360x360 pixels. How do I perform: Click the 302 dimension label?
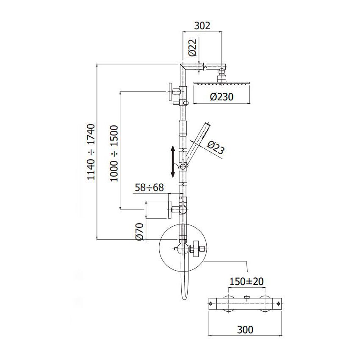(202, 26)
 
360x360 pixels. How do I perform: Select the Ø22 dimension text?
(193, 47)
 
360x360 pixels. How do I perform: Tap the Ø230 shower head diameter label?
(222, 97)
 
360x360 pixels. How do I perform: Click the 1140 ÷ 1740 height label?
(91, 152)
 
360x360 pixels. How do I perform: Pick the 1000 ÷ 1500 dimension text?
(114, 153)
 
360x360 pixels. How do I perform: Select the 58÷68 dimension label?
(149, 188)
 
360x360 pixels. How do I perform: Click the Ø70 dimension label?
(139, 232)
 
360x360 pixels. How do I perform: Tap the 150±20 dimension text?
(246, 282)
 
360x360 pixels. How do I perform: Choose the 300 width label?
(245, 330)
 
